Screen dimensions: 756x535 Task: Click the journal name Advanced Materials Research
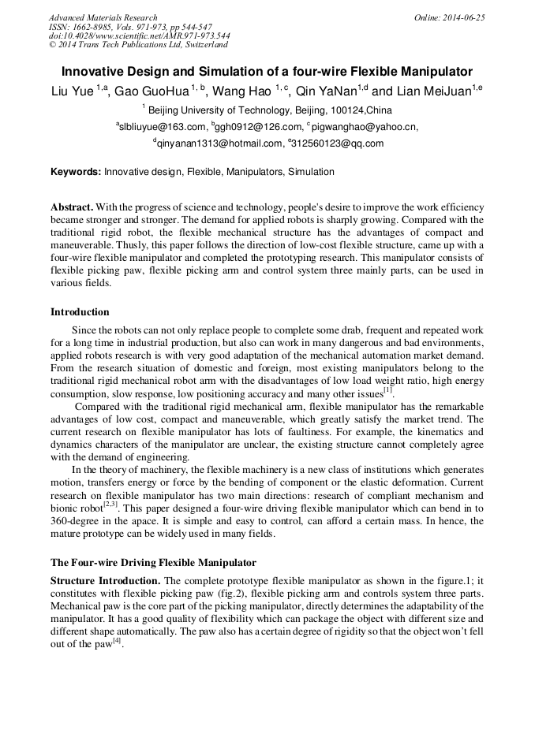103,17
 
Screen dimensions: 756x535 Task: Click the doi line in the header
139,35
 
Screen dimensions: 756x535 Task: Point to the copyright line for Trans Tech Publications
138,45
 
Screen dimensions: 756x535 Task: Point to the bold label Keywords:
76,171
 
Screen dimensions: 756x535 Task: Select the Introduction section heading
80,312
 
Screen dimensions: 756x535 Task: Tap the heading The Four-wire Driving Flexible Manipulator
153,563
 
